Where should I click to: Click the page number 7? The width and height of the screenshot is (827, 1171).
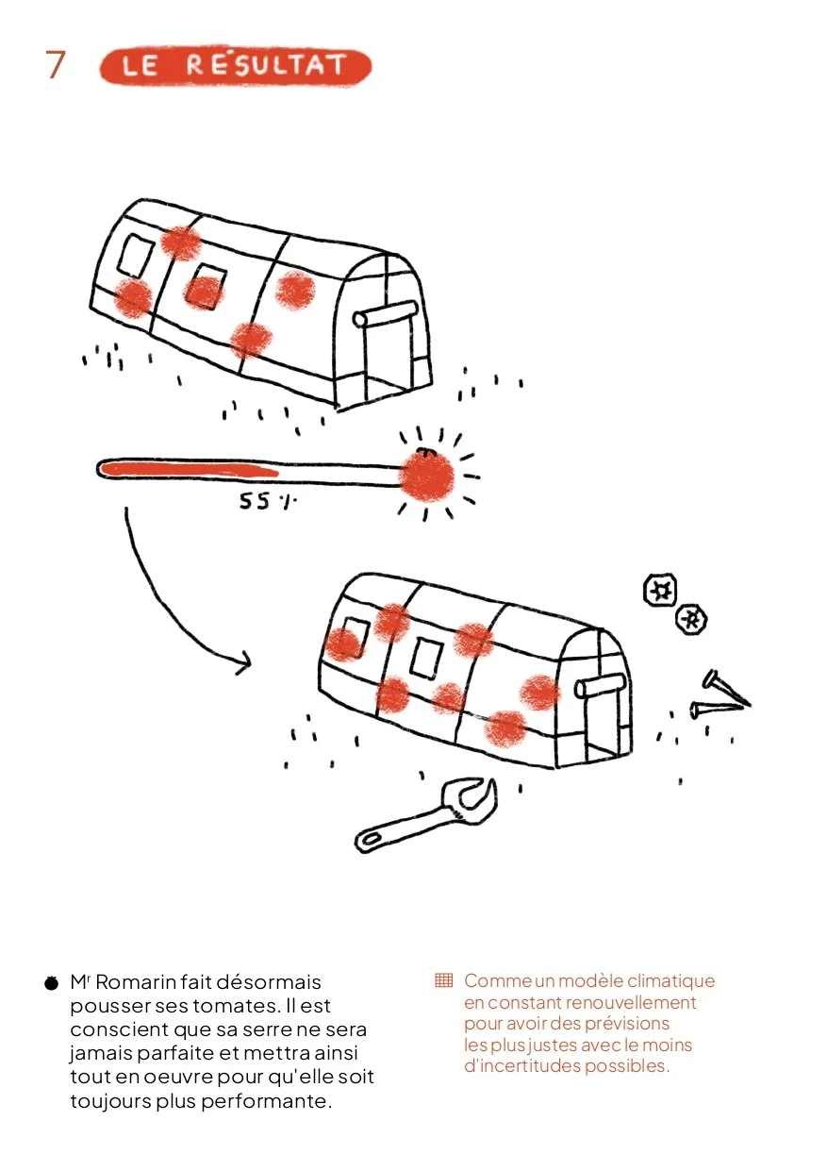(x=56, y=65)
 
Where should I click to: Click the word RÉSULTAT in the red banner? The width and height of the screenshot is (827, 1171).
(x=266, y=65)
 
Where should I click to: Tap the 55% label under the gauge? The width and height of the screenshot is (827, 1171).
(x=268, y=501)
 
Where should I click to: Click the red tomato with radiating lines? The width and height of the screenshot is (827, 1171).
(x=426, y=476)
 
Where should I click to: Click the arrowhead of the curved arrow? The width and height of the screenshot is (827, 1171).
(x=244, y=662)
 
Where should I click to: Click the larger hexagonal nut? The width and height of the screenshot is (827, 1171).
(x=660, y=590)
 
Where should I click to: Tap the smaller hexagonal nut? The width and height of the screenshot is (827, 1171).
(x=692, y=620)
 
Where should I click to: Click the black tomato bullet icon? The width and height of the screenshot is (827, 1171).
(x=51, y=983)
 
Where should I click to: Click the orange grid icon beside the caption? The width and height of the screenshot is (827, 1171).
(x=443, y=979)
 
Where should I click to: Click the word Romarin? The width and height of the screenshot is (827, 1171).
(x=135, y=981)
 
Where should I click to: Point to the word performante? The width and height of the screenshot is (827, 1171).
(x=266, y=1101)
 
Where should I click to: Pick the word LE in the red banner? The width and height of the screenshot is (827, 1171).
(x=140, y=66)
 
